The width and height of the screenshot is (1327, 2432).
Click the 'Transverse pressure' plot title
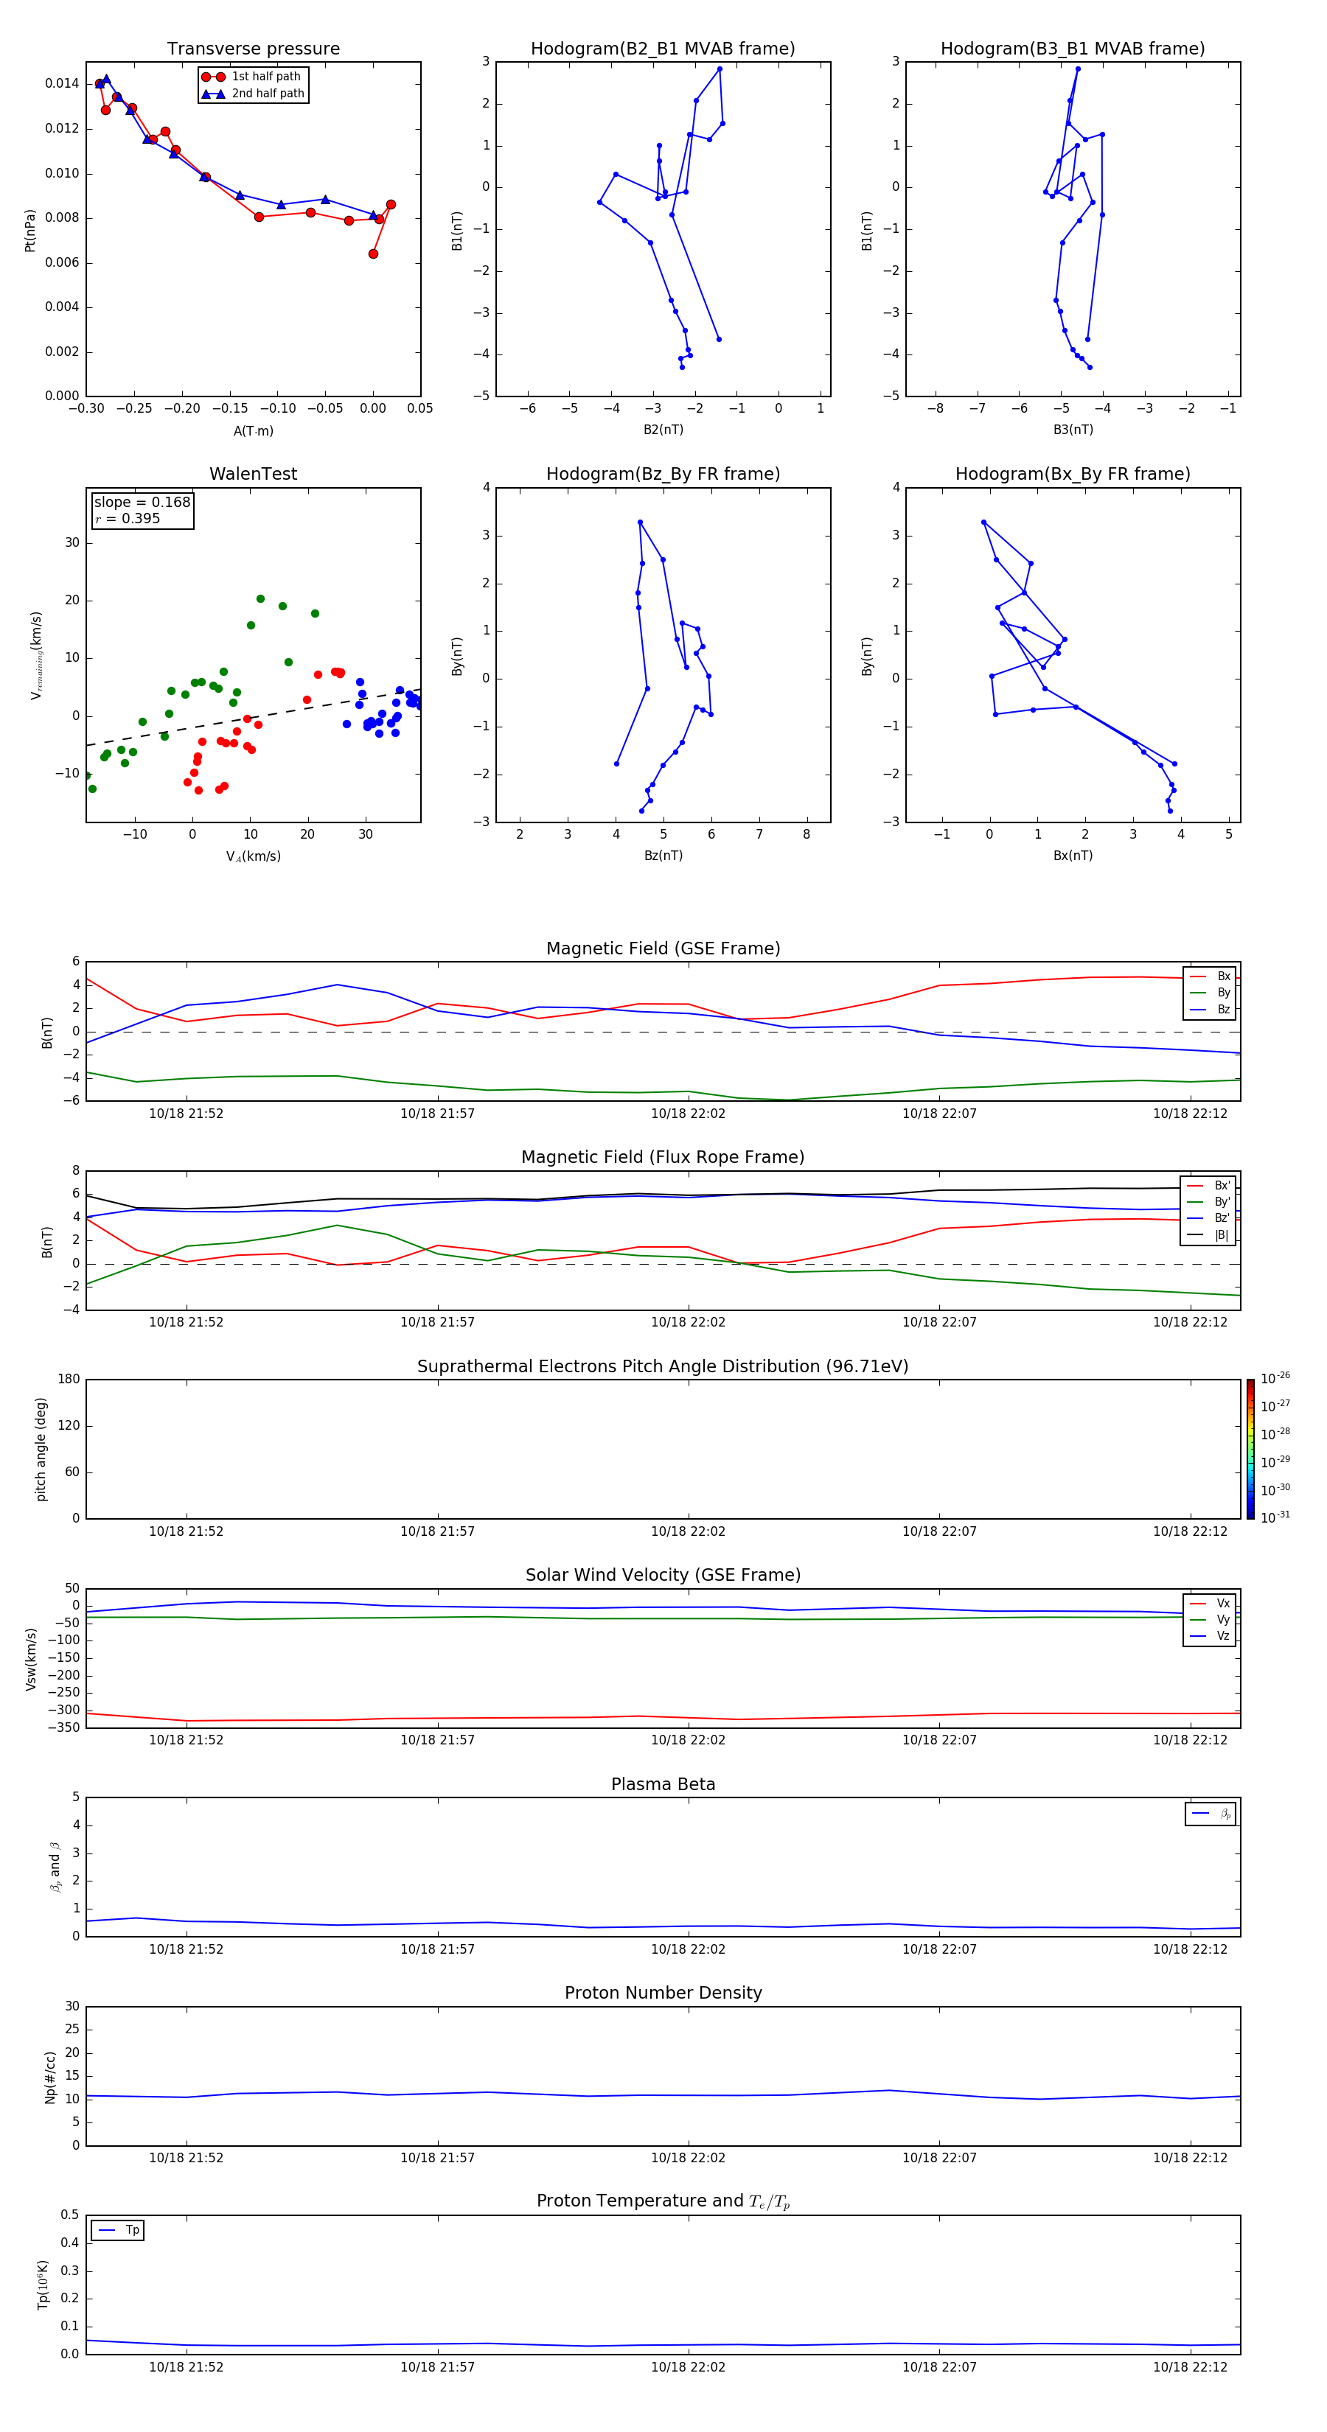[x=253, y=49]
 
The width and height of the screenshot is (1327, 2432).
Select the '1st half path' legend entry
[x=265, y=77]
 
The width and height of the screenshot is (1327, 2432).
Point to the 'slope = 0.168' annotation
[x=142, y=503]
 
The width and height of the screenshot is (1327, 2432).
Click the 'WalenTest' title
[x=253, y=474]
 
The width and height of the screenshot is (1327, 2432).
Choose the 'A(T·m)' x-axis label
[x=253, y=430]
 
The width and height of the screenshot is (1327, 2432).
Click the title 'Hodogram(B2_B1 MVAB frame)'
[x=662, y=49]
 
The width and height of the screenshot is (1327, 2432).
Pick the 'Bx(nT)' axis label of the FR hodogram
[x=1072, y=856]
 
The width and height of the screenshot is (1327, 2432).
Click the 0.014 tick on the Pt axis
[x=61, y=84]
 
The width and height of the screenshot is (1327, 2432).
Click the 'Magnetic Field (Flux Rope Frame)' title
[x=662, y=1158]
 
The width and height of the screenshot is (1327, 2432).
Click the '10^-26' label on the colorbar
[x=1275, y=1378]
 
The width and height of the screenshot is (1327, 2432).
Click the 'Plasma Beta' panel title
[x=662, y=1784]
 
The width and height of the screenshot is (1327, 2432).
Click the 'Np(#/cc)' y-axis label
[x=50, y=2076]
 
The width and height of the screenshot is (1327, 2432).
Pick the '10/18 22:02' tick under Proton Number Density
[x=688, y=2157]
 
